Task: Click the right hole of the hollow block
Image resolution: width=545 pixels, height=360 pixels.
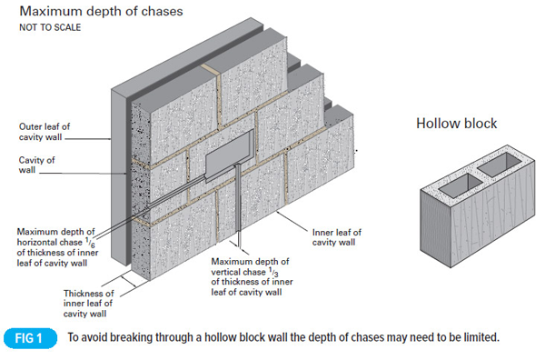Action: click(495, 165)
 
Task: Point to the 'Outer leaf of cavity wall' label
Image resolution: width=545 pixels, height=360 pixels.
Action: click(42, 132)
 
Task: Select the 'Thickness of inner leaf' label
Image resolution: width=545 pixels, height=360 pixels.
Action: click(89, 304)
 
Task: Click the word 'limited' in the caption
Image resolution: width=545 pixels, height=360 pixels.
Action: click(479, 338)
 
